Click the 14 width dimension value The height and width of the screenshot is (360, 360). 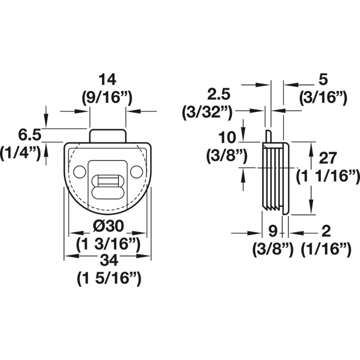point(108,80)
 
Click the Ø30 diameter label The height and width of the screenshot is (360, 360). point(108,226)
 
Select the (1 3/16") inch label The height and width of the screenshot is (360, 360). point(108,244)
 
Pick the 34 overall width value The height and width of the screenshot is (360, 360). point(108,260)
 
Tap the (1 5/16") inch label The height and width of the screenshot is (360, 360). point(108,279)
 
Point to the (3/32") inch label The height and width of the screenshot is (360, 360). point(207,112)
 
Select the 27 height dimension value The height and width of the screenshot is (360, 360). point(328,158)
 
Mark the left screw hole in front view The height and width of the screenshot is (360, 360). point(80,171)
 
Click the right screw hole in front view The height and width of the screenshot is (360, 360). point(136,171)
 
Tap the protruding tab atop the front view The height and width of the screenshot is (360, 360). point(108,135)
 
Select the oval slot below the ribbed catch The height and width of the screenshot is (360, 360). point(108,192)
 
